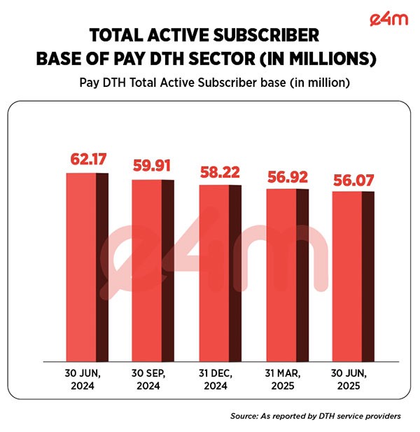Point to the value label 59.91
152,167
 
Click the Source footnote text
315,416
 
